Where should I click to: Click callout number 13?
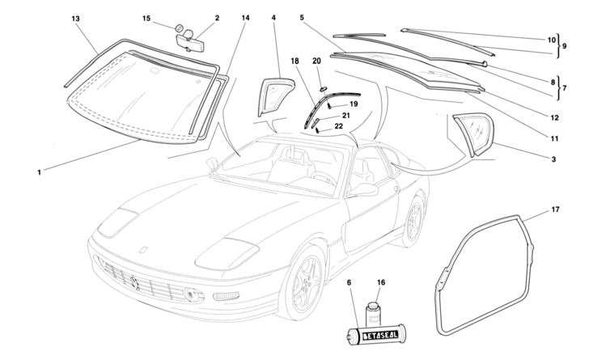(75, 18)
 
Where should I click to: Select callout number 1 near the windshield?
(40, 171)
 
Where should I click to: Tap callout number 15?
(146, 18)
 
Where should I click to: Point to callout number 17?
(555, 210)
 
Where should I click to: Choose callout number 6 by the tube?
(348, 282)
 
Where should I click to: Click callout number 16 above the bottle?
(381, 282)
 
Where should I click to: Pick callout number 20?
(317, 61)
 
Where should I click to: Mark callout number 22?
(338, 126)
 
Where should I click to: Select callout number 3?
(553, 160)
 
